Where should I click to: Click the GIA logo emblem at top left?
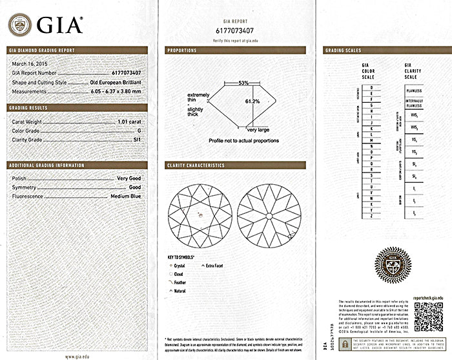click(19, 25)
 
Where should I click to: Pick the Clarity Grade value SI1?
click(136, 139)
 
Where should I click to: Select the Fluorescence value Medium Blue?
click(126, 196)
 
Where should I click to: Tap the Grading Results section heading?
click(28, 107)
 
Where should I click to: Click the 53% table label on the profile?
click(243, 83)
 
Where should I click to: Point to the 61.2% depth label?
click(252, 101)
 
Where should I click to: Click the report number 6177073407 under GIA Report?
click(236, 30)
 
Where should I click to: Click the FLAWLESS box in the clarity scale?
click(414, 91)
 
